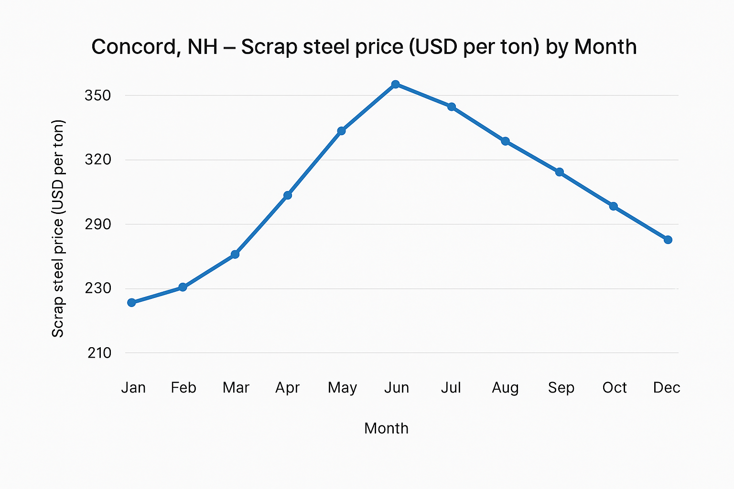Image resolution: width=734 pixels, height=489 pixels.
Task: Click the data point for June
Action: pos(395,85)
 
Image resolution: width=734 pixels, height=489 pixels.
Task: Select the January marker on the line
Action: pos(132,302)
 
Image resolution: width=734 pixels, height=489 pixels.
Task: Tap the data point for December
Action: pos(668,240)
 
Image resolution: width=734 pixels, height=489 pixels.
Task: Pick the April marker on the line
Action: pos(288,195)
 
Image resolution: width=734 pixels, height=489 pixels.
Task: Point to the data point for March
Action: pos(235,255)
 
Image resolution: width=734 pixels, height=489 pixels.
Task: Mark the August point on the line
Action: pos(505,141)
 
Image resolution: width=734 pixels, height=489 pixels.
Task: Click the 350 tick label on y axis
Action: pos(98,96)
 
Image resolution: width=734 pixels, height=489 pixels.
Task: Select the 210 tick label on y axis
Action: pos(99,353)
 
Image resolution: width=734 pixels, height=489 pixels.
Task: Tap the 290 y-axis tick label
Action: pos(98,224)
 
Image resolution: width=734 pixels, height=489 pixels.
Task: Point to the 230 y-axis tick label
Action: pos(98,288)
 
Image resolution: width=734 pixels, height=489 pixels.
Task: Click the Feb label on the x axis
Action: pos(183,387)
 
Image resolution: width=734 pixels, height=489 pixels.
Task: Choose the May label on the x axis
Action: pos(342,388)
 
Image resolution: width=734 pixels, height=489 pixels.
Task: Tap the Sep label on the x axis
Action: pos(561,388)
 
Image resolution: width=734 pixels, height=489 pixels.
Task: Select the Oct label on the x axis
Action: pos(615,387)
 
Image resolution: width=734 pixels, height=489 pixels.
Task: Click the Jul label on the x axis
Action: pos(451,387)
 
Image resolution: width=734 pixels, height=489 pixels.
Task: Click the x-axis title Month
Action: pos(386,428)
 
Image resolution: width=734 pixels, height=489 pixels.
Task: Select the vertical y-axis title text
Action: pos(58,228)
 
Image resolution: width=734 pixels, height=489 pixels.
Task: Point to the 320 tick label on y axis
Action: pos(98,159)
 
